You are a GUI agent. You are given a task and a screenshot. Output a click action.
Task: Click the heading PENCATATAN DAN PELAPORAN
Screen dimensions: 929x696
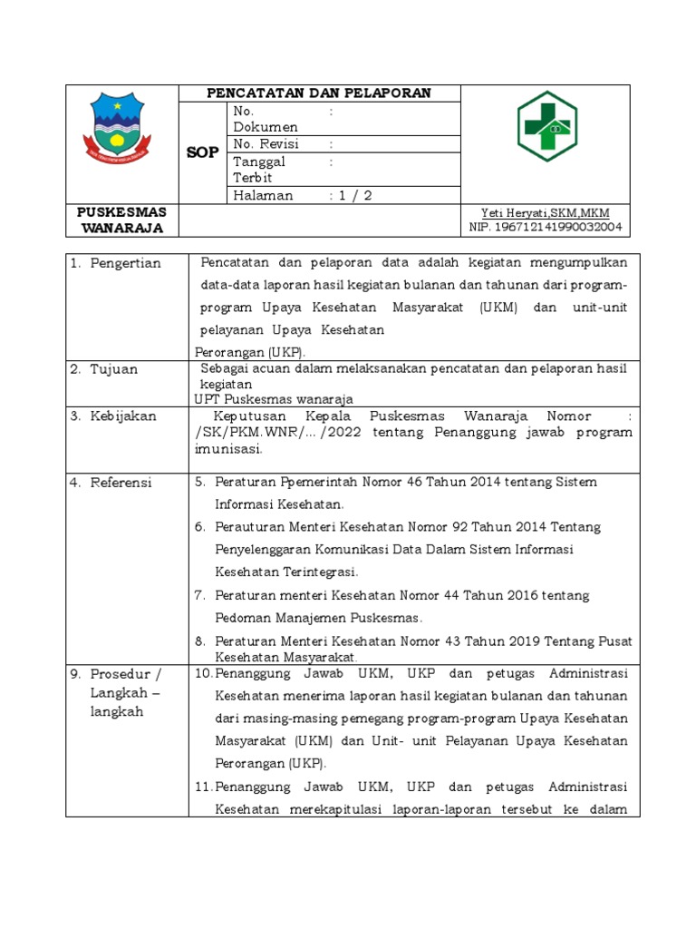click(319, 93)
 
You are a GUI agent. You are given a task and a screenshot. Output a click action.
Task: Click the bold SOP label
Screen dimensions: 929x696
click(203, 152)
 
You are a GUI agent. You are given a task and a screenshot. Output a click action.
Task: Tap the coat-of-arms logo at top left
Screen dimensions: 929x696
click(124, 128)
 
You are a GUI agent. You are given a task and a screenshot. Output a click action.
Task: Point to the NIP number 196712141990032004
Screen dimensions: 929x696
click(546, 227)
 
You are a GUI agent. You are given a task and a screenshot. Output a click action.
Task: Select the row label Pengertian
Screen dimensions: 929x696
click(125, 263)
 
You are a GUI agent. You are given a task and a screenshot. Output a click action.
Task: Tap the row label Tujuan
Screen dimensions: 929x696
click(114, 369)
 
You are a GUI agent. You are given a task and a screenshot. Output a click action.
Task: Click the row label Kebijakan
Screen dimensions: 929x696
click(123, 416)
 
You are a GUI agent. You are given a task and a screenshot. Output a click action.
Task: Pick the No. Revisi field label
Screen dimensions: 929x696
click(266, 144)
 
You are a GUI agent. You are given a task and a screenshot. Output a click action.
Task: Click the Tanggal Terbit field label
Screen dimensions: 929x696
click(259, 170)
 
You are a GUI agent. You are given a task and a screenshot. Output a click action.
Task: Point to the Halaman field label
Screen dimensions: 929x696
click(263, 195)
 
